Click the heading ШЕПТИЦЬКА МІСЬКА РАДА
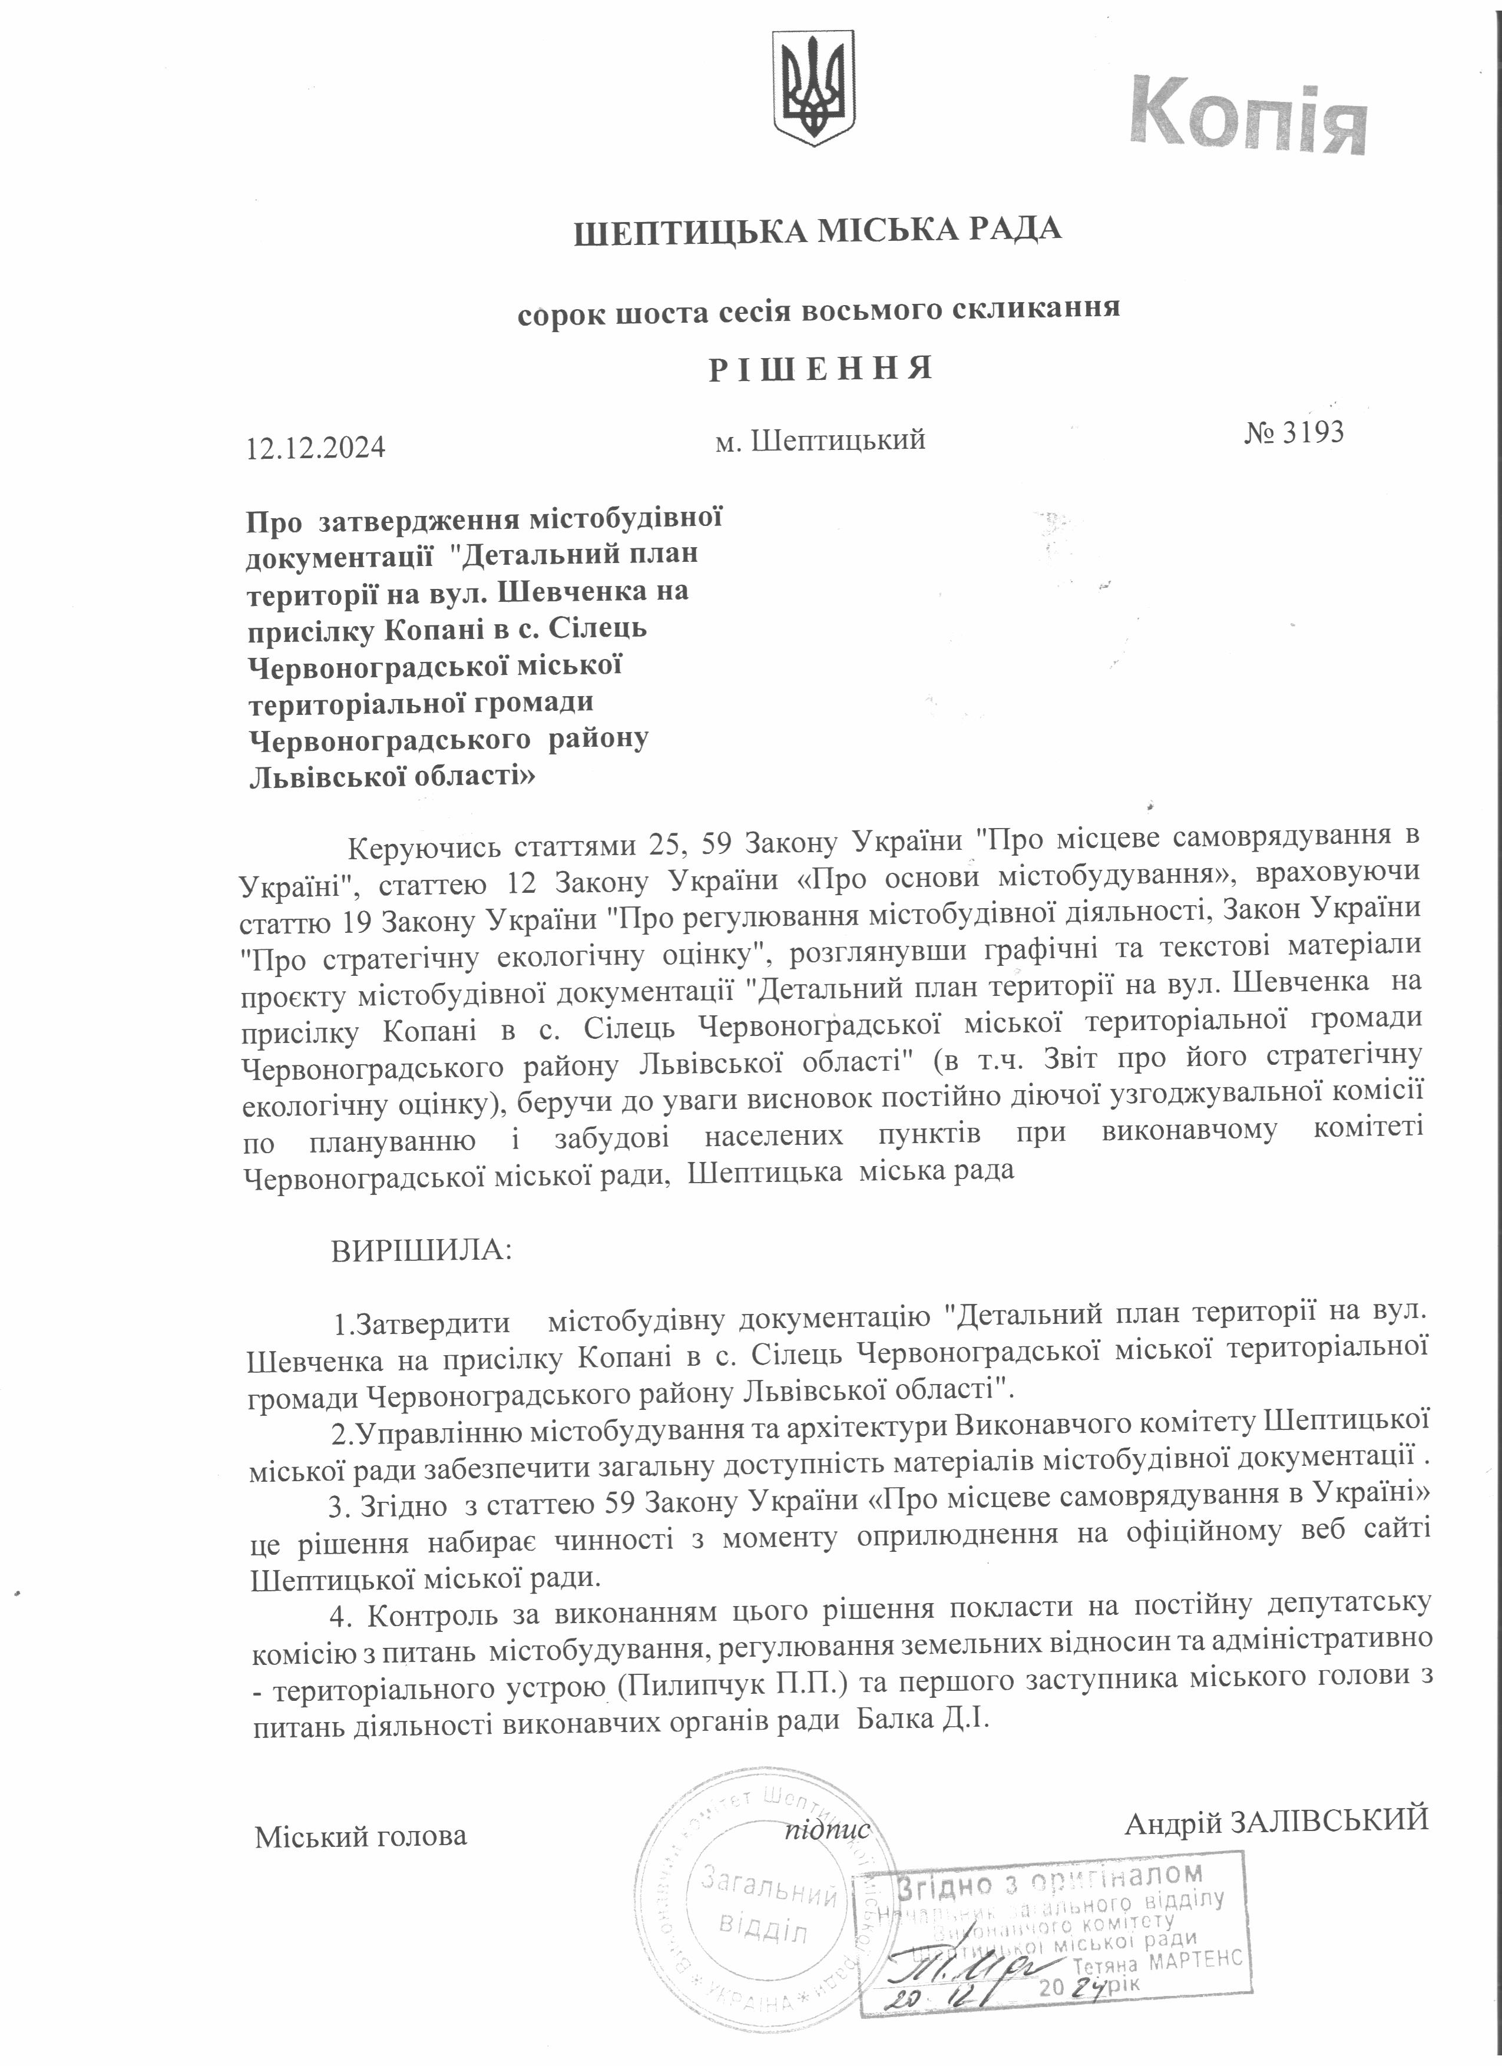pyautogui.click(x=818, y=230)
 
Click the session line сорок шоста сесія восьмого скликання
pyautogui.click(x=818, y=310)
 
